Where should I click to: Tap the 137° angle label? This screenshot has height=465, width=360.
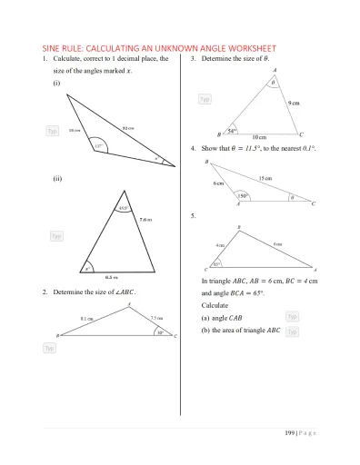pos(98,144)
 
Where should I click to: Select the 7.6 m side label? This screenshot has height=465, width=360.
pos(145,219)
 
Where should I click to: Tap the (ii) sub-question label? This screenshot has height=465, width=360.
pos(57,179)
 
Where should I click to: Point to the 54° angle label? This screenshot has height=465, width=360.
pos(232,131)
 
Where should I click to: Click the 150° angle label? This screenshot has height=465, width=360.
pos(244,195)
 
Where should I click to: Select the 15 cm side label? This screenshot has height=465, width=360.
pos(265,178)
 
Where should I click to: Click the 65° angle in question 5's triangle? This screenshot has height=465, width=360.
pos(216,264)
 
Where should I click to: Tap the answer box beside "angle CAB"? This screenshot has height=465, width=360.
pos(293,316)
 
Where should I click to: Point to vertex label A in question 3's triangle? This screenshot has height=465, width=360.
pos(275,70)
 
